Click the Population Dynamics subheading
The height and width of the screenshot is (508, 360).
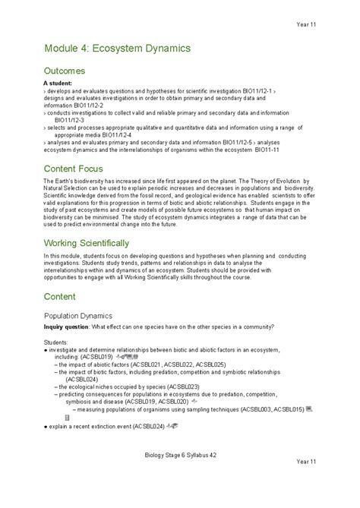pos(77,314)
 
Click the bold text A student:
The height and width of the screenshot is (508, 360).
pos(57,81)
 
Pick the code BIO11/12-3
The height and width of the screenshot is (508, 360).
pos(69,119)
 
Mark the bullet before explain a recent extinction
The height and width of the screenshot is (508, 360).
pos(46,428)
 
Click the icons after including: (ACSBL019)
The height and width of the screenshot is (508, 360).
pos(126,356)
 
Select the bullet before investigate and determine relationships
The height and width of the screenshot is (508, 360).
pos(46,349)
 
